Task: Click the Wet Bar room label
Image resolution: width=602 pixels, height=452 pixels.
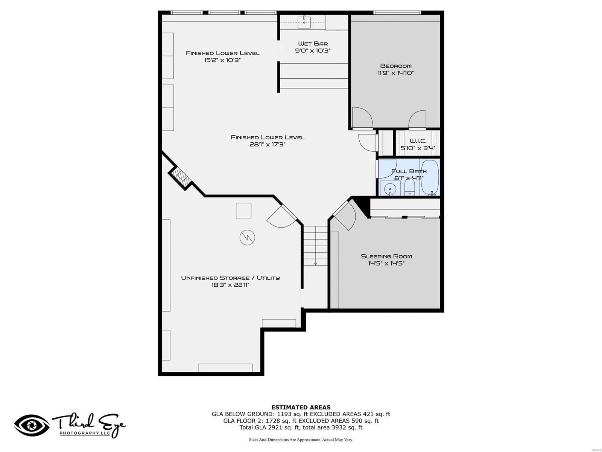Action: point(313,43)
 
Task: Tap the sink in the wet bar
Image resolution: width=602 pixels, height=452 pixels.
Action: point(304,22)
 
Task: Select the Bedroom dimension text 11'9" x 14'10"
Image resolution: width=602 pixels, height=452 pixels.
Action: point(396,73)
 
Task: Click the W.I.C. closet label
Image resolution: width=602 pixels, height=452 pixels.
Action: point(418,141)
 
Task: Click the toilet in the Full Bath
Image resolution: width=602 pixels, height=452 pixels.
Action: point(409,187)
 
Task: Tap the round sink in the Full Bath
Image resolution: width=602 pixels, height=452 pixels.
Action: point(390,188)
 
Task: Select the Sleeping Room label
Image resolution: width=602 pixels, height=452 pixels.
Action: point(386,256)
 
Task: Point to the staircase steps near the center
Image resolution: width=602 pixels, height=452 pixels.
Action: point(315,245)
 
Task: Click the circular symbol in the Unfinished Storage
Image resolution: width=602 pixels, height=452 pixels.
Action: point(247,237)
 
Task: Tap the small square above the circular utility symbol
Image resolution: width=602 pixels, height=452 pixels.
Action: point(243,210)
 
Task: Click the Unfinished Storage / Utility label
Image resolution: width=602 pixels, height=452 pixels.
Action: point(230,278)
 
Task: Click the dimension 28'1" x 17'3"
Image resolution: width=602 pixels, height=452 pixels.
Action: point(268,144)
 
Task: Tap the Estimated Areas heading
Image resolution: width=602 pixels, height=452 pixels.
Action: point(301,407)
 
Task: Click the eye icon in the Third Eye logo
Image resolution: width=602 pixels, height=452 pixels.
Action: point(32,426)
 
